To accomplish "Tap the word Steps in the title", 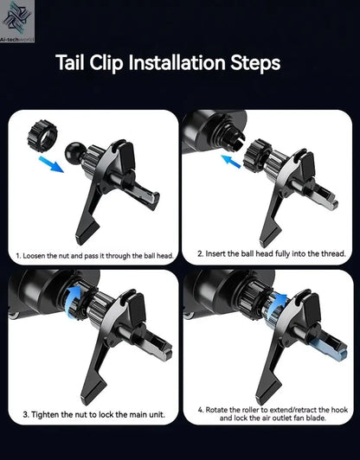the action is tap(255, 63).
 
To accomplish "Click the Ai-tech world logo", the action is tap(17, 21).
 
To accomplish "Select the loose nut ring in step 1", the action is tap(42, 136).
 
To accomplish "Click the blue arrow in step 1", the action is tap(51, 164).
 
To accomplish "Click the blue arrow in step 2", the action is tap(231, 162).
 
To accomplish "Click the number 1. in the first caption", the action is tap(18, 256).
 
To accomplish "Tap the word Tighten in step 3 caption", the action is tap(43, 415).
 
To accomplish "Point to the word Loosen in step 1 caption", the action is tap(34, 256).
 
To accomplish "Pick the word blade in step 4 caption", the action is tap(317, 418).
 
